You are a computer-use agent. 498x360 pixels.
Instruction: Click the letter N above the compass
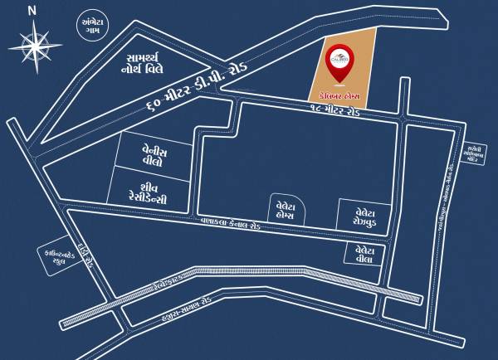point(32,10)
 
